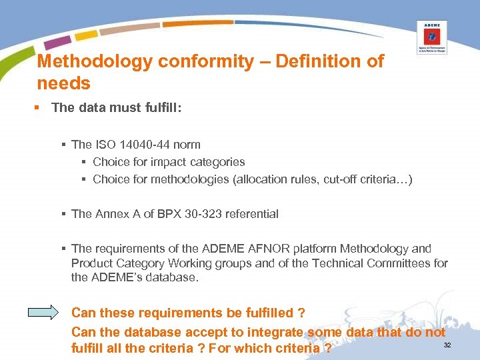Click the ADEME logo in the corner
[431, 37]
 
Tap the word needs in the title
[64, 83]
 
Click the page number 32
[447, 345]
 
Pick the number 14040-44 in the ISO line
[140, 144]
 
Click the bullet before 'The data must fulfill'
[41, 108]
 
